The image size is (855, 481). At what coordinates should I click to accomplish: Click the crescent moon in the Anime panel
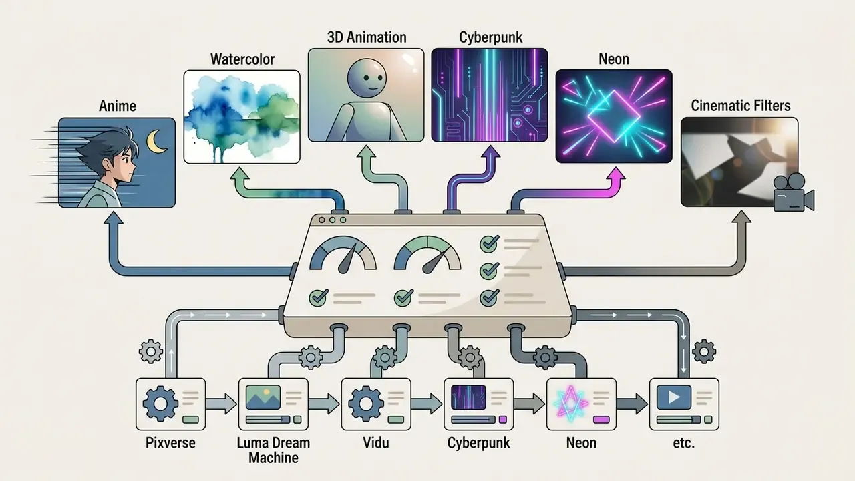click(x=156, y=142)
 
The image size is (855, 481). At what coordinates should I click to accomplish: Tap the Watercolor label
click(x=242, y=59)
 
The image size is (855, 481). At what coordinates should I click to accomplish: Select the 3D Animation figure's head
click(x=367, y=78)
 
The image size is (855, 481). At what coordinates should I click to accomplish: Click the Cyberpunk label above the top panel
click(x=490, y=37)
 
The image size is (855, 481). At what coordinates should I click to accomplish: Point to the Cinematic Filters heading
click(x=741, y=106)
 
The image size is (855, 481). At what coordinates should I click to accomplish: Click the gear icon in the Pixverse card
click(x=160, y=404)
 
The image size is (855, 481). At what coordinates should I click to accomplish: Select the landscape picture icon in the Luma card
click(x=263, y=397)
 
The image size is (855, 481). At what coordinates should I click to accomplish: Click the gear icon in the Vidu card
click(x=366, y=404)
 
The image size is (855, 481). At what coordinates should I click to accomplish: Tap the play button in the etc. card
click(x=674, y=397)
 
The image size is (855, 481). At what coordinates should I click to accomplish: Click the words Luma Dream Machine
click(x=273, y=450)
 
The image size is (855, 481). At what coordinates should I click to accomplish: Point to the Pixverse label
click(x=170, y=443)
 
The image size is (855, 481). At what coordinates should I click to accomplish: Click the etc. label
click(x=683, y=443)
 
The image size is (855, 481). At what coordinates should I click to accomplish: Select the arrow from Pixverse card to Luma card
click(x=221, y=404)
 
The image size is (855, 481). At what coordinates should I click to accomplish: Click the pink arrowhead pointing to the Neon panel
click(x=615, y=176)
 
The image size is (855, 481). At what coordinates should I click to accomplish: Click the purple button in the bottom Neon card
click(x=602, y=420)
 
